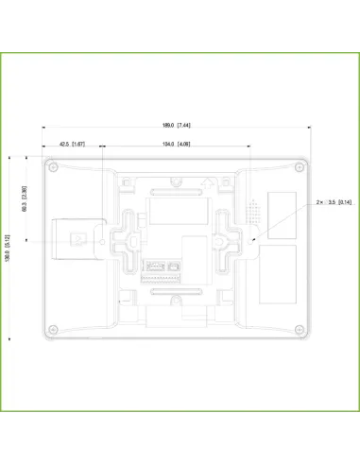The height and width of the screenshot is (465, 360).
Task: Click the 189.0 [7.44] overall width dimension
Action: coord(177,126)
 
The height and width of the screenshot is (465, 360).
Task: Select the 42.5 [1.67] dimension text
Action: coord(72,144)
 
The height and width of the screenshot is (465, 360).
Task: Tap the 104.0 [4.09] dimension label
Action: coord(177,144)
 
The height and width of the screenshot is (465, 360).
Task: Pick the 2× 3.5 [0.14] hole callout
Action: coord(334,202)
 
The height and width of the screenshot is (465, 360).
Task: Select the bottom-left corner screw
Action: coord(55,328)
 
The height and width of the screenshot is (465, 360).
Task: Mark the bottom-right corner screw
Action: coord(300,328)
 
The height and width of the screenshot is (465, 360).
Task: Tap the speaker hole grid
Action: coord(253,211)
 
